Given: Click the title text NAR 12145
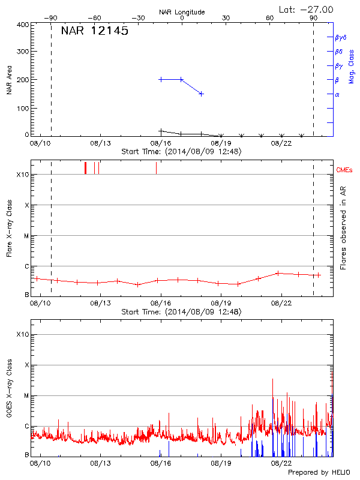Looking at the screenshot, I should click(x=94, y=31).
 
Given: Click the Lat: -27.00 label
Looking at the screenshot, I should click(x=307, y=9).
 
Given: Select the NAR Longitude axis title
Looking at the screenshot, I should click(x=182, y=12).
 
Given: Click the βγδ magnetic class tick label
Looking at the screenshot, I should click(x=340, y=37).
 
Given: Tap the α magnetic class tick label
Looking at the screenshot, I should click(x=337, y=94).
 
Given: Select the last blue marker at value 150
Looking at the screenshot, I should click(x=202, y=94).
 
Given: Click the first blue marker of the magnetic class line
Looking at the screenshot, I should click(x=161, y=79).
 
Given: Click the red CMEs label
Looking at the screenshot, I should click(x=345, y=171).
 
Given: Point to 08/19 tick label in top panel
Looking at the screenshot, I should click(x=221, y=143).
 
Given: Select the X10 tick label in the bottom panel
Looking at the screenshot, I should click(x=22, y=334).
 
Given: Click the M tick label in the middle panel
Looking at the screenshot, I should click(x=26, y=236).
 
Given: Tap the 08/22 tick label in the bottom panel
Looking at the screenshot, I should click(x=281, y=463).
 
